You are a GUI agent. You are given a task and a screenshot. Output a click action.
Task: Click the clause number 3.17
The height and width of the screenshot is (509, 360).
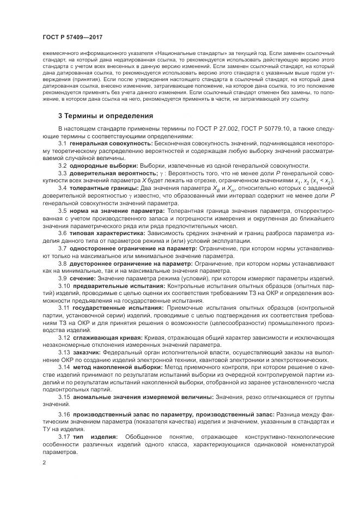(x=64, y=437)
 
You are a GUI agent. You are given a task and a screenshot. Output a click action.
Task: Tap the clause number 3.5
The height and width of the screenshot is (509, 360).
(x=62, y=210)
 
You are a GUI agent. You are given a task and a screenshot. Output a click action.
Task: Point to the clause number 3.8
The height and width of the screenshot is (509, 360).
(x=62, y=262)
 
